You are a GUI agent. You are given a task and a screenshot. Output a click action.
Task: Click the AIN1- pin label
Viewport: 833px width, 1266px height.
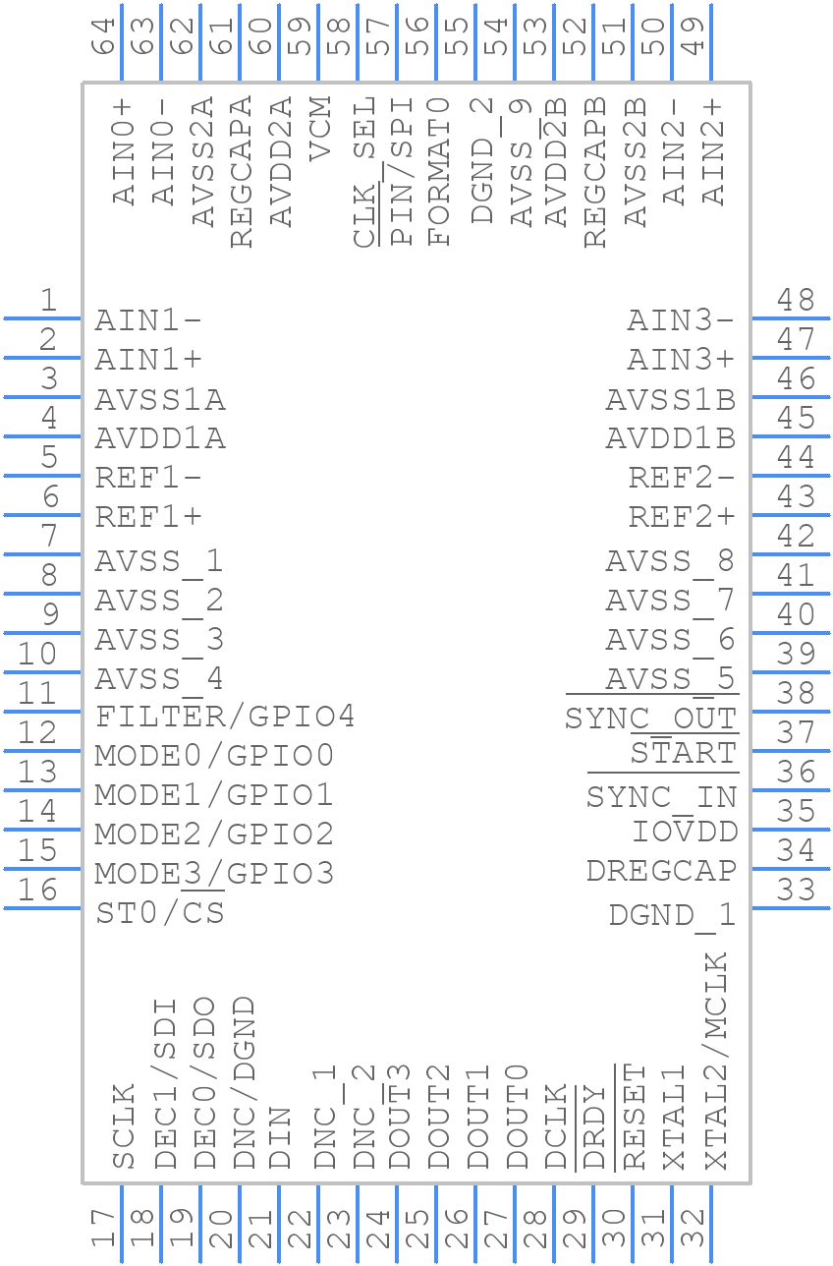pyautogui.click(x=148, y=321)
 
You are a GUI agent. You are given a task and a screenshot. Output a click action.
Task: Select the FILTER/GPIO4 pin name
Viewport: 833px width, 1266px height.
pyautogui.click(x=225, y=717)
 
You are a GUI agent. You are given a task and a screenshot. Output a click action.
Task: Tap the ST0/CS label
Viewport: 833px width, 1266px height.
pyautogui.click(x=160, y=913)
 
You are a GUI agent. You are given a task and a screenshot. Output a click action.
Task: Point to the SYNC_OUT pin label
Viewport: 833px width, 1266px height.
pyautogui.click(x=650, y=719)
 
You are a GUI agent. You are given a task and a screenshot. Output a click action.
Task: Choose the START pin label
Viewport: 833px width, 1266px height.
pyautogui.click(x=683, y=754)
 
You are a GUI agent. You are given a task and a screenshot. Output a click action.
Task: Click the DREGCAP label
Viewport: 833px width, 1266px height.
pyautogui.click(x=661, y=871)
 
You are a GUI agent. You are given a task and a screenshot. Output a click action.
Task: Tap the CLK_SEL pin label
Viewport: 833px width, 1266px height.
pyautogui.click(x=364, y=172)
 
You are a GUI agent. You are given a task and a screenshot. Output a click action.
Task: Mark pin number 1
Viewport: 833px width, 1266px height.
pyautogui.click(x=47, y=301)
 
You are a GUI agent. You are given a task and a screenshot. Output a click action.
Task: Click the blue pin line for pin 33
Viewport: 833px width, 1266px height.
pyautogui.click(x=790, y=908)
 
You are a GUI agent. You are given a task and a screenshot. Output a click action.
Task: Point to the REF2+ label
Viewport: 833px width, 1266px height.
pyautogui.click(x=682, y=516)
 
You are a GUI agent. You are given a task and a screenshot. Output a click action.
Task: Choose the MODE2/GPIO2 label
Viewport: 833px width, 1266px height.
pyautogui.click(x=214, y=834)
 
